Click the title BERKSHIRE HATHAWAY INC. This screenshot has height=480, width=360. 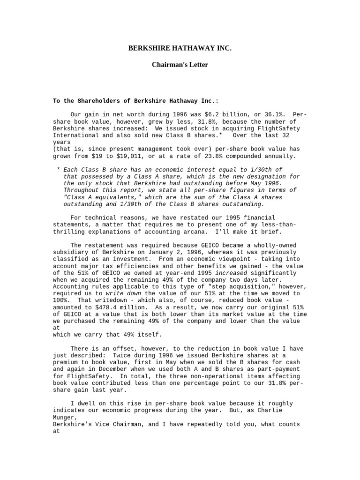coord(180,48)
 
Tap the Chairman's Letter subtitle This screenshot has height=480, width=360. coord(180,65)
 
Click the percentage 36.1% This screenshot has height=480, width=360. coord(269,114)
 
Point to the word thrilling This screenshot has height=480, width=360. coord(72,232)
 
